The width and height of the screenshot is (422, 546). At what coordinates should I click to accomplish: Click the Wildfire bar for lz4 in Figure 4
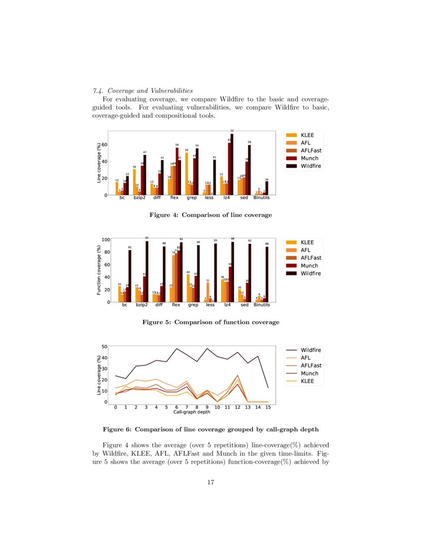click(232, 164)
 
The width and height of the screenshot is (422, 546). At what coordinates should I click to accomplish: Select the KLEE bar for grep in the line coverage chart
click(187, 173)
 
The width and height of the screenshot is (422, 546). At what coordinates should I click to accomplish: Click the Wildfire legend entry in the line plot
click(302, 350)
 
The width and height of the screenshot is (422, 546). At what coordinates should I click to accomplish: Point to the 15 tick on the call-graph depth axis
click(268, 407)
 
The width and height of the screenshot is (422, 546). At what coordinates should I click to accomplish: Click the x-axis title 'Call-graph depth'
click(192, 412)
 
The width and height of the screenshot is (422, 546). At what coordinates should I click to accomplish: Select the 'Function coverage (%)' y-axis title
click(99, 271)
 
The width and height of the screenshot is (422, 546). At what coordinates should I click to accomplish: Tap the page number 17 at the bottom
click(211, 481)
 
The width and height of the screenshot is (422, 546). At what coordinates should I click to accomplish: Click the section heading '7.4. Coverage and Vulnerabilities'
click(142, 91)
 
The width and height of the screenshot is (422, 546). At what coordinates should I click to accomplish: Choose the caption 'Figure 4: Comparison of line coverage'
click(211, 215)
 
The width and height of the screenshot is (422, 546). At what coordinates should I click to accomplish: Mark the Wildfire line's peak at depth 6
click(177, 348)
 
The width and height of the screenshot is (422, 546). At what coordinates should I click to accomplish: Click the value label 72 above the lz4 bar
click(232, 131)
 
